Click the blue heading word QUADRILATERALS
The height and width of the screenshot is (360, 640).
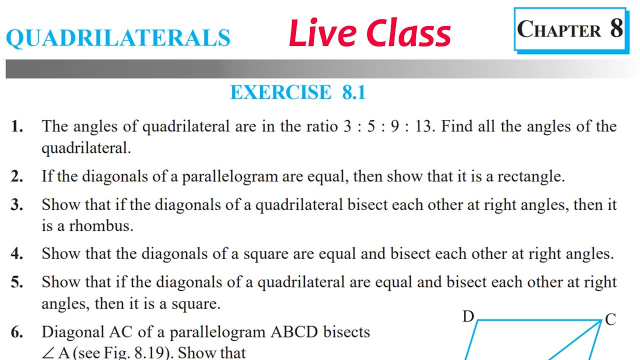point(118,37)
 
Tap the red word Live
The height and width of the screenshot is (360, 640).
point(323,32)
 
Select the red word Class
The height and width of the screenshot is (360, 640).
point(408,33)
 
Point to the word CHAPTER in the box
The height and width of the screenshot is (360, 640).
point(559,29)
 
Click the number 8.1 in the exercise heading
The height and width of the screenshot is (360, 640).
point(353,92)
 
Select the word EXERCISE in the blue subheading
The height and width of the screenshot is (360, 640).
point(281,92)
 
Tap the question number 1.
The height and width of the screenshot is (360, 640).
point(17,126)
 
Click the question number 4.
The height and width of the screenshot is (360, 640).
point(17,253)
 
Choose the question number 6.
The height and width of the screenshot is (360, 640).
point(17,332)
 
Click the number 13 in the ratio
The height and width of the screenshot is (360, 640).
point(423,126)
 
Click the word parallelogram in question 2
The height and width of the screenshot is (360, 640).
point(230,176)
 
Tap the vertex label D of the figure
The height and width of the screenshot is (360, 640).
point(468,316)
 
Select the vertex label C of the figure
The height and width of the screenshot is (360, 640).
point(610,319)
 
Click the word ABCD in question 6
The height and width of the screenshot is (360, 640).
point(294,332)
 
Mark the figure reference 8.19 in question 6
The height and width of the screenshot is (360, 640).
point(150,353)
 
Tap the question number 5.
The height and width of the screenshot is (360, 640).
point(17,282)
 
